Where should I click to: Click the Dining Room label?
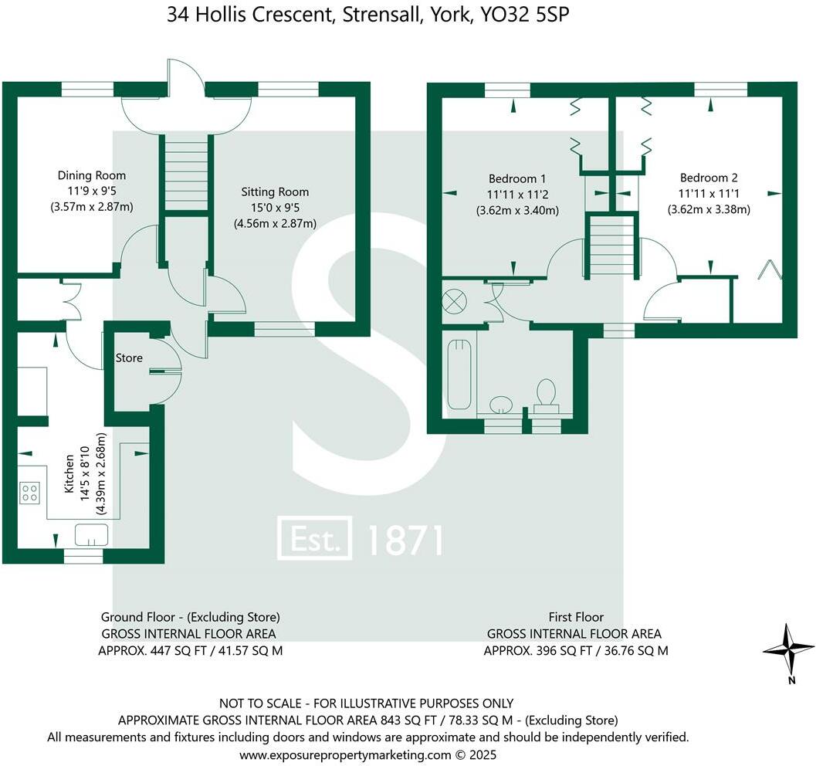point(91,175)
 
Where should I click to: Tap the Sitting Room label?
point(274,191)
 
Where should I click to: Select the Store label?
point(129,358)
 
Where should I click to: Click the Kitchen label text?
point(68,474)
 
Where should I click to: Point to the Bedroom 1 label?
point(516,176)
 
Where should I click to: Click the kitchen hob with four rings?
point(30,492)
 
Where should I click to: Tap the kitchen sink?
point(91,534)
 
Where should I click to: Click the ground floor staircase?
point(185,175)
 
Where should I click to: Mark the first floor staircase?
point(611,246)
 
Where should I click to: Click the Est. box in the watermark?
point(315,539)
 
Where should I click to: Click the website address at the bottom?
point(367,754)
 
